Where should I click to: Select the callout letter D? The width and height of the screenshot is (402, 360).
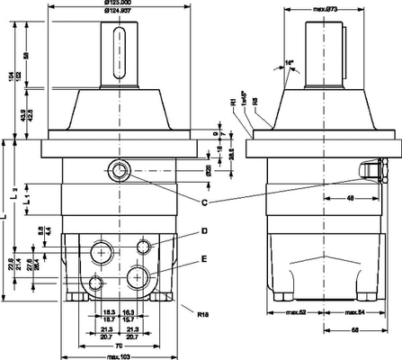pyautogui.click(x=205, y=230)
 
